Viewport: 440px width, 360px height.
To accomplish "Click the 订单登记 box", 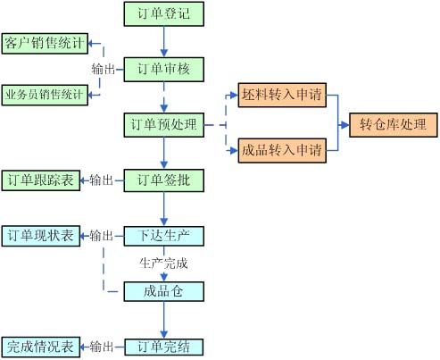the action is [x=164, y=14].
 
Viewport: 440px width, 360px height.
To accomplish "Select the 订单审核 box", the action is [x=164, y=70].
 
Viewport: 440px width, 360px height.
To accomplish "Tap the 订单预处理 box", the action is [x=164, y=125].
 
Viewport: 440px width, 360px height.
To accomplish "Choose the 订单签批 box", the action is [x=164, y=180].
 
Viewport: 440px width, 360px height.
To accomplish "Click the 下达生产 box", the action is [x=164, y=236].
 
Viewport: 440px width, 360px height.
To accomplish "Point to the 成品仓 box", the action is [x=164, y=291].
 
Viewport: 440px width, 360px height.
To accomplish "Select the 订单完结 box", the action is [x=164, y=347].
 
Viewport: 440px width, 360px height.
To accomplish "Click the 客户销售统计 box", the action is [x=45, y=44].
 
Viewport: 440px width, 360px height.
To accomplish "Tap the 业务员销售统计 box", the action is [x=45, y=95].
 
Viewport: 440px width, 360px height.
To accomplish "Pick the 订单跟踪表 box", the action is [x=41, y=180].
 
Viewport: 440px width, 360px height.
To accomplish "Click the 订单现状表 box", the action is [x=41, y=236].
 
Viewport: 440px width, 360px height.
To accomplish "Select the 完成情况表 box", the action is [x=41, y=347].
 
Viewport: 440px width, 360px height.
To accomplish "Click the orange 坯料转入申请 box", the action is [x=282, y=95].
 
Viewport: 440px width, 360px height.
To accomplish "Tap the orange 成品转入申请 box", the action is [x=282, y=150].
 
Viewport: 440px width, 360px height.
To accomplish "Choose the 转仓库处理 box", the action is [x=394, y=125].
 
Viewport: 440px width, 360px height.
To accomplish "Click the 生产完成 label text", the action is [x=163, y=264].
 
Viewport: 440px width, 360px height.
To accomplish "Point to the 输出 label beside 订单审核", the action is [x=104, y=70].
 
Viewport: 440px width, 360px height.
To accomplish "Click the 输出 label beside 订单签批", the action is [x=102, y=180].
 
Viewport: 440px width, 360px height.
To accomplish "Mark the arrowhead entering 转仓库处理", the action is [x=345, y=125].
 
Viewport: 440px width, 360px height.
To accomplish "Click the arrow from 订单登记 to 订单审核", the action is [x=164, y=42].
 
